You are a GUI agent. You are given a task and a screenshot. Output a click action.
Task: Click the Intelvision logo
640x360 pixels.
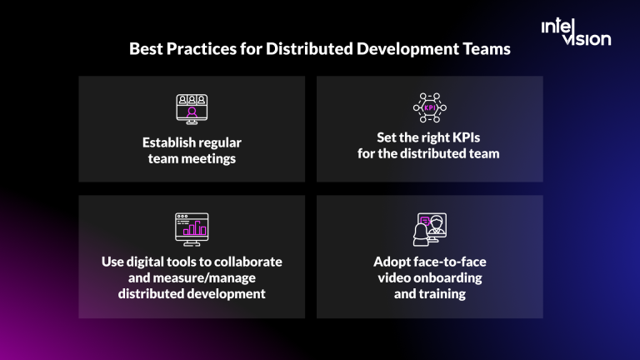pyautogui.click(x=576, y=32)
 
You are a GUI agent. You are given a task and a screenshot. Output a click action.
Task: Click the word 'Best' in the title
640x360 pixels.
pyautogui.click(x=147, y=49)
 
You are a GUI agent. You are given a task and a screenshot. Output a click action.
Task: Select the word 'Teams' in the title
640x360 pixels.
pyautogui.click(x=487, y=49)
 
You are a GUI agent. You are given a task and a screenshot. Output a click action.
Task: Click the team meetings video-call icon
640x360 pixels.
pyautogui.click(x=191, y=107)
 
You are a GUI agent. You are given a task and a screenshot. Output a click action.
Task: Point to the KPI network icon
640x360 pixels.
pyautogui.click(x=429, y=107)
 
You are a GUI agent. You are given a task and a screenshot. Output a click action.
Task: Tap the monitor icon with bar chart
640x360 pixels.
pyautogui.click(x=191, y=227)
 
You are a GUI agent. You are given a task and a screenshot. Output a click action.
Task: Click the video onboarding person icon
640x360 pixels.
pyautogui.click(x=429, y=228)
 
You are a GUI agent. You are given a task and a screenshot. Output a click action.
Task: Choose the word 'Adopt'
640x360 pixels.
pyautogui.click(x=391, y=262)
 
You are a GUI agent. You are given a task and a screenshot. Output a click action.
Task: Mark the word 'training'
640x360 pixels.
pyautogui.click(x=442, y=293)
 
